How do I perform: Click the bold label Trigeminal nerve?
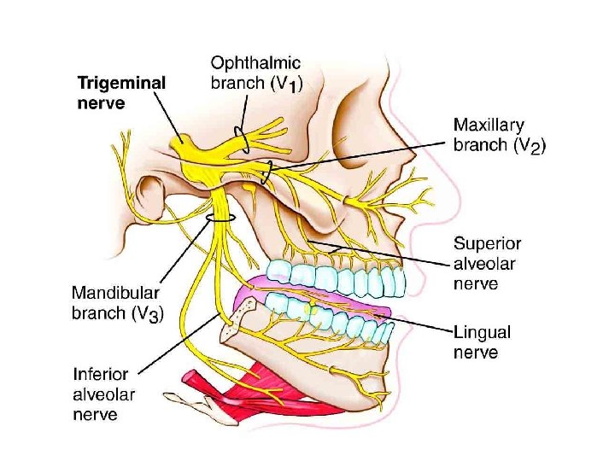click(121, 94)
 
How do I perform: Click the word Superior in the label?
click(487, 244)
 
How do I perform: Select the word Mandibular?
click(116, 292)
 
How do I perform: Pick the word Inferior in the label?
click(102, 374)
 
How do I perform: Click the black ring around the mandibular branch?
click(220, 219)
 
